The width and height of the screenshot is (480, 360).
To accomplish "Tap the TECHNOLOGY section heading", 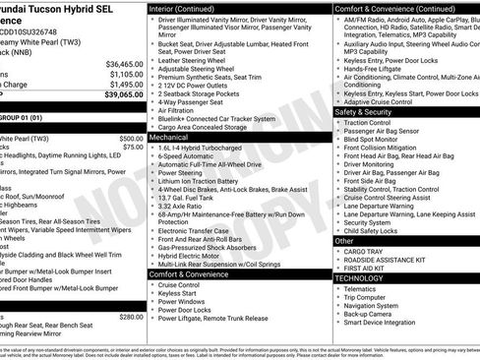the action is [359, 278].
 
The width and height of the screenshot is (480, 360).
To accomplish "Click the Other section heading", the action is [344, 240].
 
